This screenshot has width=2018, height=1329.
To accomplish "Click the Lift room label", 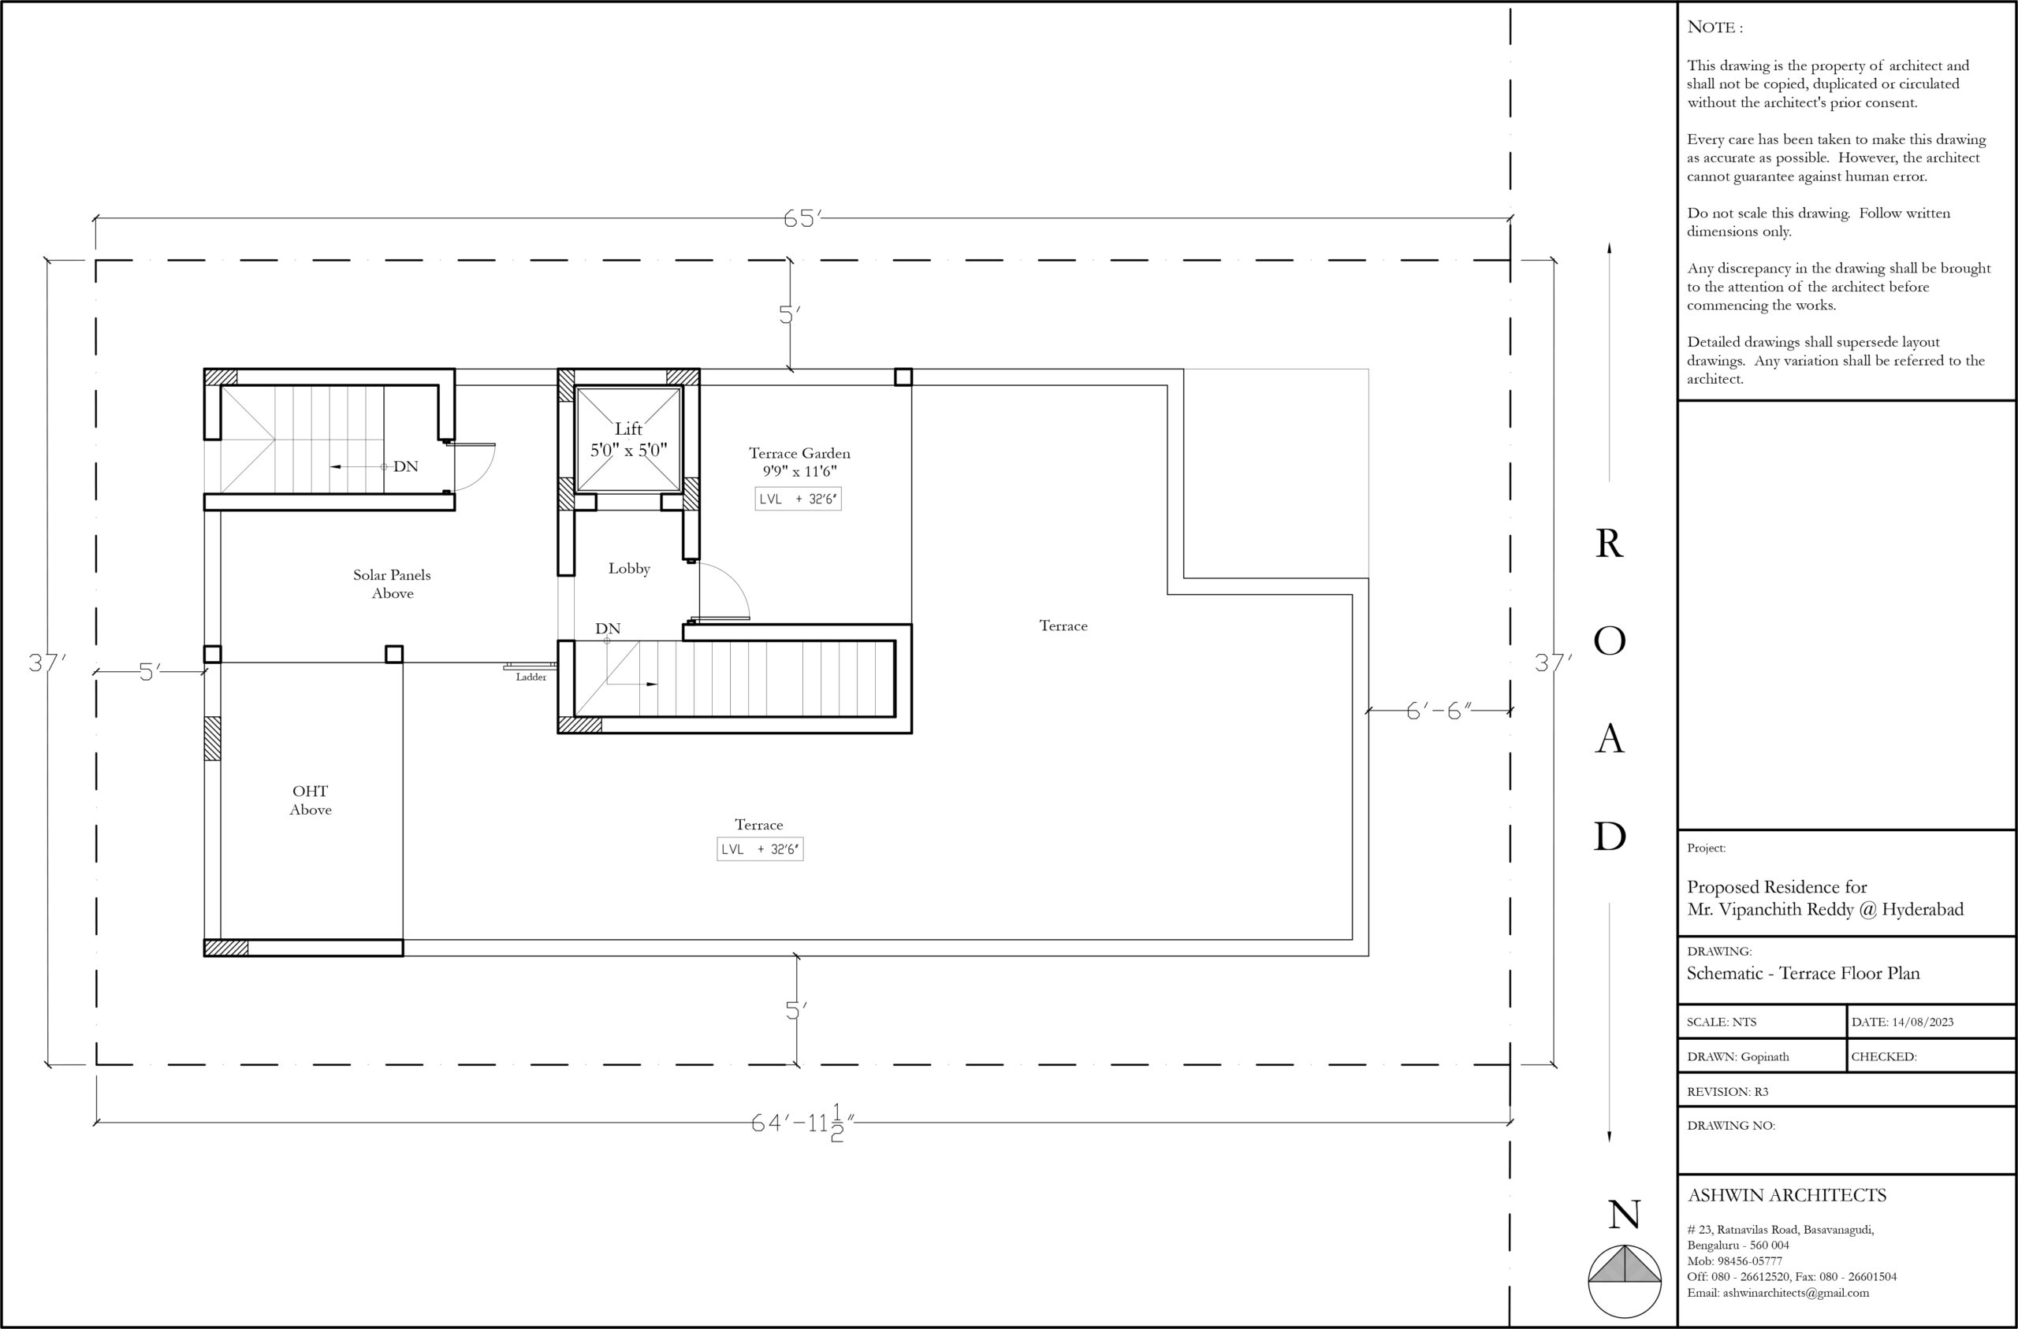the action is coord(628,439).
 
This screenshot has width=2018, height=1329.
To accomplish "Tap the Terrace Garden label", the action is coord(799,462).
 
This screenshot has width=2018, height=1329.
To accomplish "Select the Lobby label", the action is coord(629,569).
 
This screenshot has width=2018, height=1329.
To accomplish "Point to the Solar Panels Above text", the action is coord(392,584).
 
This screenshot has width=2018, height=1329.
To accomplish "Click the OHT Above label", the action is coord(311,800).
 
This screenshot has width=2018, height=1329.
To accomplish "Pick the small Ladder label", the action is coord(531,677).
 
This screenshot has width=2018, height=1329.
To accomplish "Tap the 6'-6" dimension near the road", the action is coord(1439,711).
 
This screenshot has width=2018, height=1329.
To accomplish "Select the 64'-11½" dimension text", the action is coord(802,1123).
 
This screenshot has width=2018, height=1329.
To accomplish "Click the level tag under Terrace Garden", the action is coord(798,499).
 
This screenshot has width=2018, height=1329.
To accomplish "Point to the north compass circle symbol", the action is coord(1625,1281).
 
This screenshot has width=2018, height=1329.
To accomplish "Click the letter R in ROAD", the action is coord(1610,544).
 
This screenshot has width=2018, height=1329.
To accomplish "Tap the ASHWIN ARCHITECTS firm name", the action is coord(1786,1195).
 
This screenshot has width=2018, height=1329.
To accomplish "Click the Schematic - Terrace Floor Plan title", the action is coord(1803,973).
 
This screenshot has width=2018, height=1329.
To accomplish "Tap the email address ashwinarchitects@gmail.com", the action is coord(1795,1293).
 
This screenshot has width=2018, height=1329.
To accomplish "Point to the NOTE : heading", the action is coord(1715,27).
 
